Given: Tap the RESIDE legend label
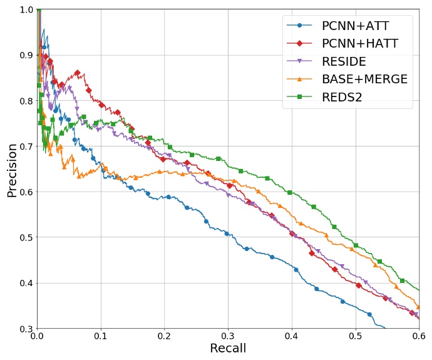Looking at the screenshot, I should coord(344,61).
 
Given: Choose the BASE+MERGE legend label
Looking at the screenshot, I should coord(364,79).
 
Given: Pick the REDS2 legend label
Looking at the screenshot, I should coord(342,96).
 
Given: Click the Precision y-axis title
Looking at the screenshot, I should coord(11,170).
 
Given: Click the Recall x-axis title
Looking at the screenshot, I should coord(228,348).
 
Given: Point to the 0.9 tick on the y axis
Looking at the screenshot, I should coord(26,55).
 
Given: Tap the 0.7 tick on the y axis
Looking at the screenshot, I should coord(26,147).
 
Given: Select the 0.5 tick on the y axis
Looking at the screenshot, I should coord(26,237).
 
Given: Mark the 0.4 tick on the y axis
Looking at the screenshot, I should coord(26,283).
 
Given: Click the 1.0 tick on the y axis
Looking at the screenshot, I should coord(26,9).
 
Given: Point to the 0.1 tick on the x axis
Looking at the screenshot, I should coord(101,337).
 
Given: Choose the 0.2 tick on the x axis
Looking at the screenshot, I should coord(165,337).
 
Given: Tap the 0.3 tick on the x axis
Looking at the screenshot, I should coord(228,337).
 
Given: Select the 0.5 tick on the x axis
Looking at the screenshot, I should coord(356,337).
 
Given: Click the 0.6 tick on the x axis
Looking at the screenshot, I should coord(418,337).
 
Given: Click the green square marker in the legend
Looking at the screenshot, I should coord(300,96).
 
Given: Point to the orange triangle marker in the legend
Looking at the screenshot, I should coord(300,79).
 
